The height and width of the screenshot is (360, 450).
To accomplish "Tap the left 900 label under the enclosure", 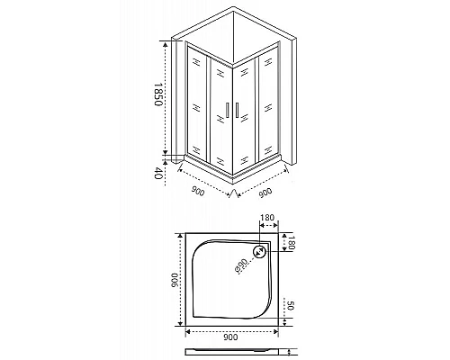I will click(199, 192).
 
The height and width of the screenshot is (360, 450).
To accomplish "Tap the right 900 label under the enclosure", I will click(267, 192).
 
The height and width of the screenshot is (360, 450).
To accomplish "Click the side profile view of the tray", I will click(230, 352).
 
